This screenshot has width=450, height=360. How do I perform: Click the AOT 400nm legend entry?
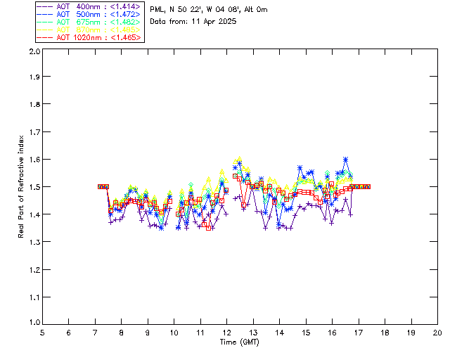click(89, 6)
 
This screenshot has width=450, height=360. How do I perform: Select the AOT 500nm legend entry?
click(89, 13)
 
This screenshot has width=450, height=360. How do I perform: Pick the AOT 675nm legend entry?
click(89, 21)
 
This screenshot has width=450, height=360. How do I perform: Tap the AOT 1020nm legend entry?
click(89, 37)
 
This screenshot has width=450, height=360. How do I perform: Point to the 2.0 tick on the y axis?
click(34, 52)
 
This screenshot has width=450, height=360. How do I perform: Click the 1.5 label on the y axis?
click(34, 187)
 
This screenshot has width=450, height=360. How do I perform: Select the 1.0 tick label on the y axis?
click(34, 323)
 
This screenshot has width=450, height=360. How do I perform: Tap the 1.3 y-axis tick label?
click(34, 242)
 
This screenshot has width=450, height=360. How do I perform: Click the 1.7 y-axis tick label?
click(34, 132)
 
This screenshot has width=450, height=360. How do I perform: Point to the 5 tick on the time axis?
click(42, 333)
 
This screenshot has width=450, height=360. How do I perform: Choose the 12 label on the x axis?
click(226, 333)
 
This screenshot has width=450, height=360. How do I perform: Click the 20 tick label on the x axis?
click(437, 333)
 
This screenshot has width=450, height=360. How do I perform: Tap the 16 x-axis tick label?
click(332, 333)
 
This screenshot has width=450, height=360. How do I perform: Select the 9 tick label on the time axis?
click(148, 333)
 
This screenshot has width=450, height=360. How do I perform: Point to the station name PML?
click(158, 10)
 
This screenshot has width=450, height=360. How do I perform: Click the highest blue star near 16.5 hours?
click(346, 160)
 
